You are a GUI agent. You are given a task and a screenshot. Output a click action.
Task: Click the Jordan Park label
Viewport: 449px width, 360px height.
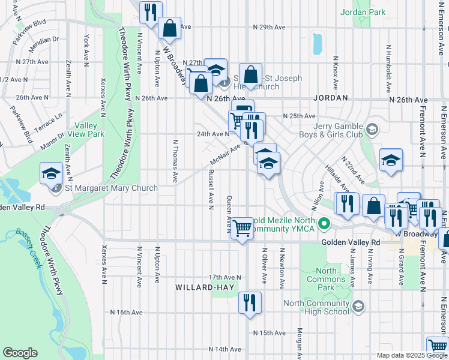pos(363,11)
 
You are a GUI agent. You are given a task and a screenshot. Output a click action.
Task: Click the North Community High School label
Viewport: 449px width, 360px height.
pos(316,307)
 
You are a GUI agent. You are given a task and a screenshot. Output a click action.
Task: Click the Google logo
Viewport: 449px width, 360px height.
pos(20,353)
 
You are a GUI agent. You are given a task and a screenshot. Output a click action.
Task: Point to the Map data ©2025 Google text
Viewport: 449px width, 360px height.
pos(411,355)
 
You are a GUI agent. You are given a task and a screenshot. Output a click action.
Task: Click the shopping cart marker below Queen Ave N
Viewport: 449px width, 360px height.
pos(242,228)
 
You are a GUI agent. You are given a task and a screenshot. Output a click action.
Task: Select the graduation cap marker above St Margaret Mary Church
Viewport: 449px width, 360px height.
pos(52,173)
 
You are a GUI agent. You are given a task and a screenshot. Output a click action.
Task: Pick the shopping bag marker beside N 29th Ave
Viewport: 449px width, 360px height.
pos(170,28)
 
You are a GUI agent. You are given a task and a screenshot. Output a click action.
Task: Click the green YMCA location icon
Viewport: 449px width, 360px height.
pos(325,226)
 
